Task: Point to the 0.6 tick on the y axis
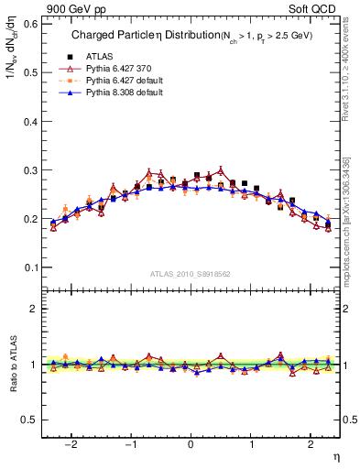click(32, 24)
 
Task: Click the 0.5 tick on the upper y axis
click(32, 72)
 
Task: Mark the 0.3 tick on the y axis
click(32, 170)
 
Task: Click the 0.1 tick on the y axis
click(32, 267)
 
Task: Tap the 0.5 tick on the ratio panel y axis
click(32, 420)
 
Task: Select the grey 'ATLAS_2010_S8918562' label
click(191, 274)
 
